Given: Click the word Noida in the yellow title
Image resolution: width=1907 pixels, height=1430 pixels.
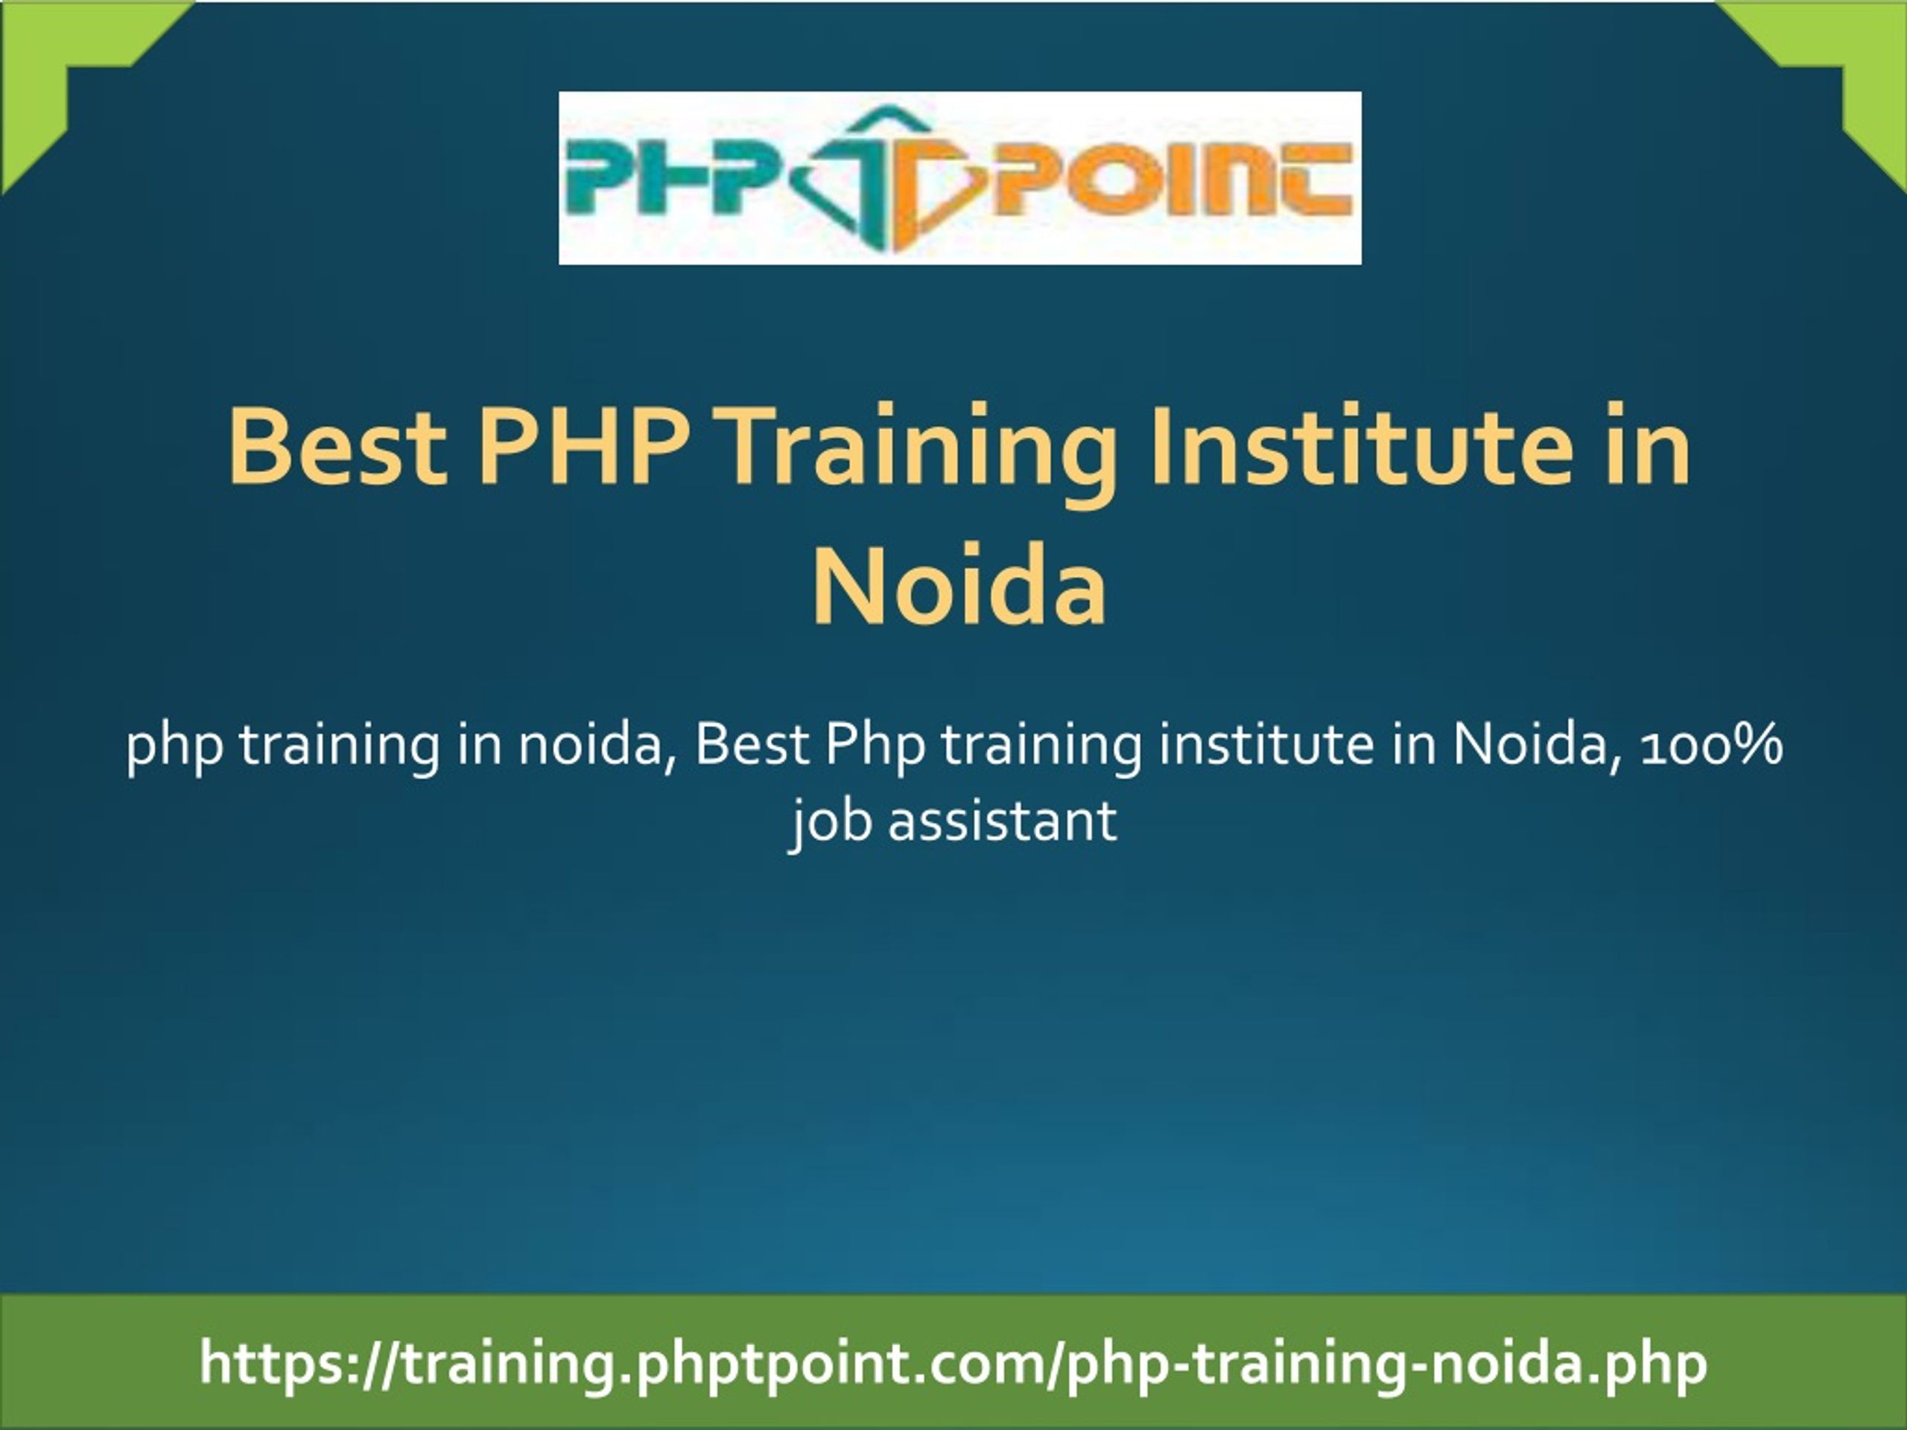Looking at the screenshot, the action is pos(959,584).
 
